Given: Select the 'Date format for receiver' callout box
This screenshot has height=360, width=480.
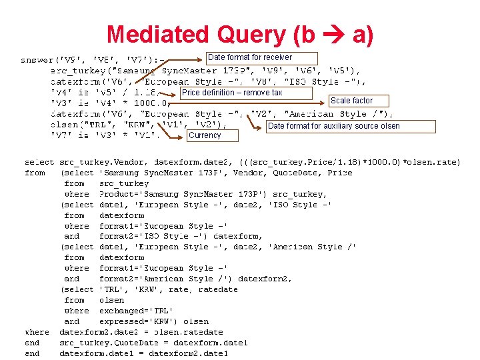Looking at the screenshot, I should [x=259, y=57].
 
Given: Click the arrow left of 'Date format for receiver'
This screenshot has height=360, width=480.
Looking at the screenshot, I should [x=191, y=59].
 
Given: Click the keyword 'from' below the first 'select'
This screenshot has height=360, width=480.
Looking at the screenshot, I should [x=34, y=173].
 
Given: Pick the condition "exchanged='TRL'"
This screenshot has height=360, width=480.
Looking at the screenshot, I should [x=135, y=311].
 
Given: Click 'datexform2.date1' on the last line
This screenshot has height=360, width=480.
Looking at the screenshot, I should [x=208, y=353].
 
